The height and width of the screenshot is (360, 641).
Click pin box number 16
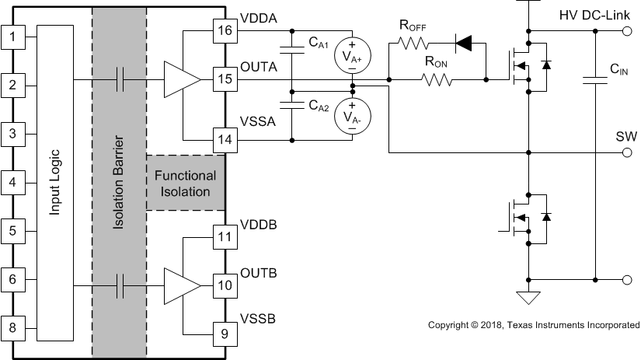click(225, 30)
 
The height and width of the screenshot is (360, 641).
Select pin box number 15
click(225, 79)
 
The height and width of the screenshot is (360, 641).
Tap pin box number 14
click(225, 141)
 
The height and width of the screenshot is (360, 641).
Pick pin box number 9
click(225, 334)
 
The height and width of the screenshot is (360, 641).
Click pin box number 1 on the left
click(12, 36)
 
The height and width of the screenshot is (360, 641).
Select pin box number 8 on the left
click(12, 327)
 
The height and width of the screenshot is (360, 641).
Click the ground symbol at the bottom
click(529, 296)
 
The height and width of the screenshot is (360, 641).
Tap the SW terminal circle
click(627, 153)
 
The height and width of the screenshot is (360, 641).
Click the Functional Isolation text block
click(185, 183)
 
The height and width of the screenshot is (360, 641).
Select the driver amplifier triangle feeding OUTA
click(179, 79)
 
